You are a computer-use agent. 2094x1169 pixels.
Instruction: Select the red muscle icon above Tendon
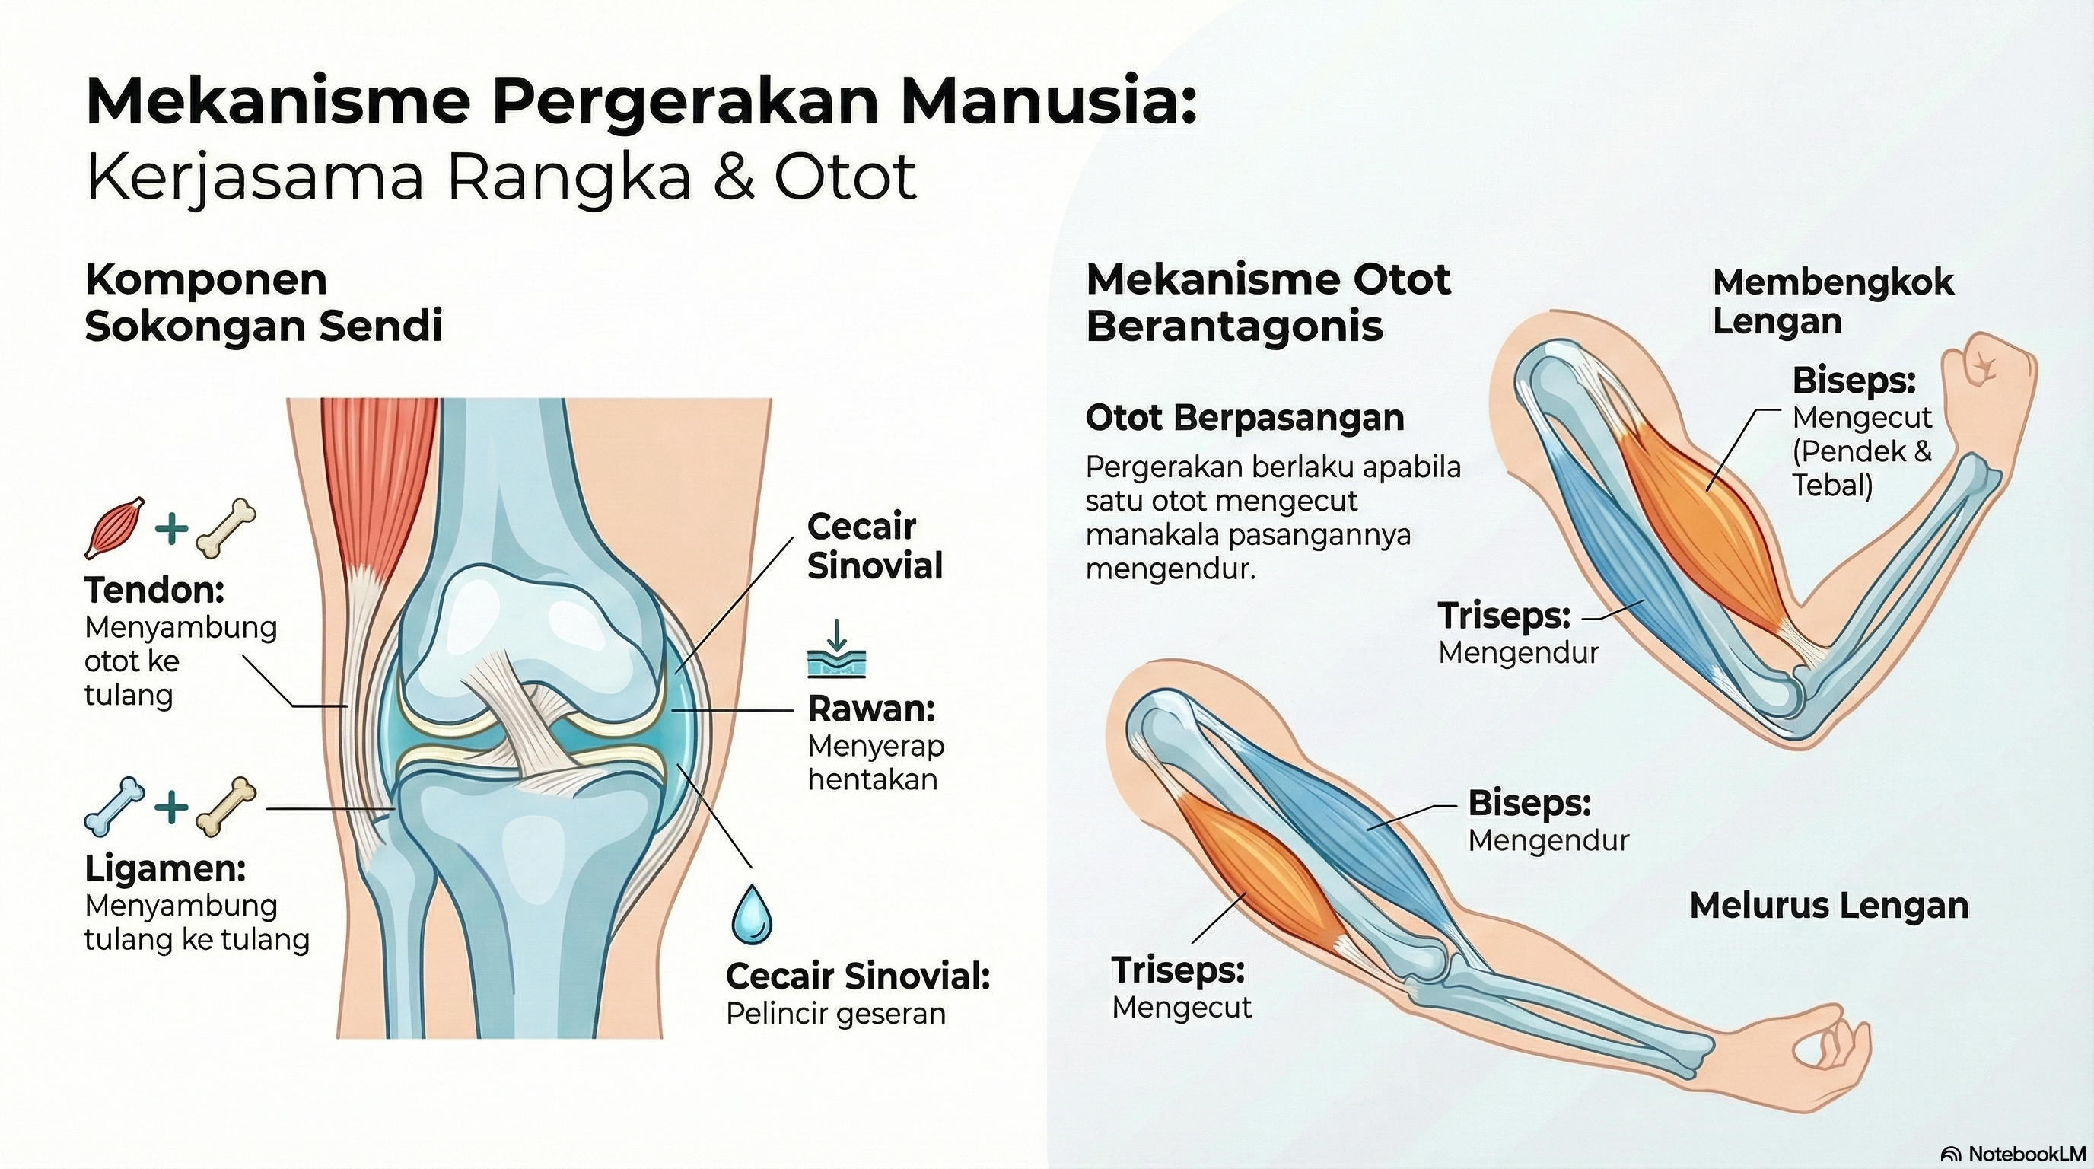(x=116, y=527)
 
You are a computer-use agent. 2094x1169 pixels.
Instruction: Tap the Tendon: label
(x=154, y=590)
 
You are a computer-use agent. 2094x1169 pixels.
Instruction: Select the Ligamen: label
(x=165, y=868)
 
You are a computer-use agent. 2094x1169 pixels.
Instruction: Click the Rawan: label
(x=870, y=709)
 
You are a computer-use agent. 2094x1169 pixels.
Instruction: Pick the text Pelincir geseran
(x=835, y=1014)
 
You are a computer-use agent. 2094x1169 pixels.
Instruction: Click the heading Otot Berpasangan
(x=1245, y=418)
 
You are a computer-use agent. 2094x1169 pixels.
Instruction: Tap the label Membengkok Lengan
(x=1832, y=301)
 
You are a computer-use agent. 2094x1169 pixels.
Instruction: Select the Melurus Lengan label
(x=1829, y=906)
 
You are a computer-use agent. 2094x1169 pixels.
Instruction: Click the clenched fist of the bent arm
(x=1987, y=378)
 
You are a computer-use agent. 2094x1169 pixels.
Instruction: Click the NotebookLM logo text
(x=2008, y=1154)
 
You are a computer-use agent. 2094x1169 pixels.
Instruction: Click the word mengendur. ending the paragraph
(x=1170, y=569)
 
